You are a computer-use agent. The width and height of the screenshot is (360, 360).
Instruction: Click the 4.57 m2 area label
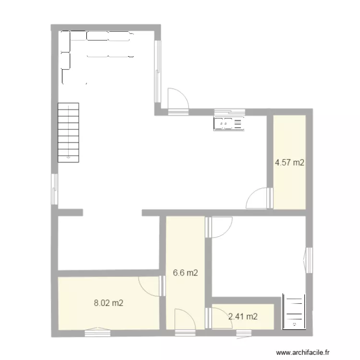click(x=289, y=163)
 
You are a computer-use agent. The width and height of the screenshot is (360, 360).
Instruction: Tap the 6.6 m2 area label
click(x=185, y=273)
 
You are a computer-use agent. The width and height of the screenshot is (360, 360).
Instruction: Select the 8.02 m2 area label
click(x=108, y=303)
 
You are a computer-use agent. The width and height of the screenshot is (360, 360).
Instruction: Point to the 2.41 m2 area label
click(x=243, y=316)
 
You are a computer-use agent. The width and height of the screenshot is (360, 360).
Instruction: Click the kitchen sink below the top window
click(x=229, y=124)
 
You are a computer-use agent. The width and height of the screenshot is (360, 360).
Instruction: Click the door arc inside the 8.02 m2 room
click(x=150, y=286)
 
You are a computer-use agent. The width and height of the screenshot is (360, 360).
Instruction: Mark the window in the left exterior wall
click(x=55, y=189)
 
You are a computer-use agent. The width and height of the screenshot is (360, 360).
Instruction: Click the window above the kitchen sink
click(x=229, y=112)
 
